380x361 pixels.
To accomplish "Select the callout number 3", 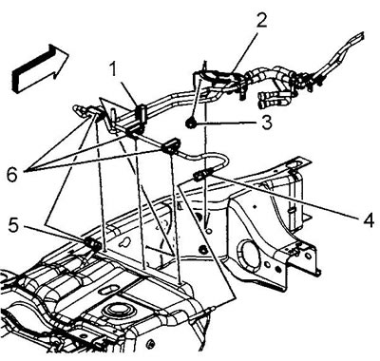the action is click(x=267, y=123).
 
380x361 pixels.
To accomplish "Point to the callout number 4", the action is click(x=368, y=219).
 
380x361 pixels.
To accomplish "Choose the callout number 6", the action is click(x=12, y=175).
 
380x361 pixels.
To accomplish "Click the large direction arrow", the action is click(x=40, y=68).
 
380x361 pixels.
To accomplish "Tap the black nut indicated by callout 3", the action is click(x=191, y=123).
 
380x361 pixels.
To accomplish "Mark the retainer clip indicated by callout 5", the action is click(x=93, y=244).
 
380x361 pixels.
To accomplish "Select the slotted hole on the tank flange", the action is click(x=107, y=290).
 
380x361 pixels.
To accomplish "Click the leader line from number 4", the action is click(x=283, y=196).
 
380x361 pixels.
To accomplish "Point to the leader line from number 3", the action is click(x=227, y=123).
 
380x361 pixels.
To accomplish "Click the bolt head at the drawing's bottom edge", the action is click(x=150, y=344).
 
